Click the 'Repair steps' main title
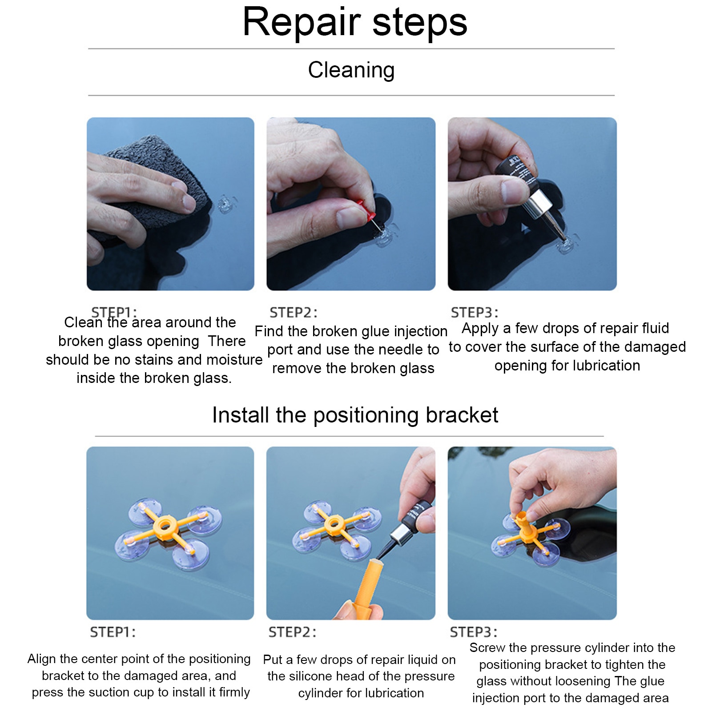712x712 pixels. click(355, 22)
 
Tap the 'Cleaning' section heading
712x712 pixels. click(351, 70)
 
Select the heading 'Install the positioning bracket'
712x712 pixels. click(355, 415)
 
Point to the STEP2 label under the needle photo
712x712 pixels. click(294, 313)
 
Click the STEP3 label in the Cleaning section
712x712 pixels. click(475, 313)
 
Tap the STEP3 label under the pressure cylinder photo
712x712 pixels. click(474, 632)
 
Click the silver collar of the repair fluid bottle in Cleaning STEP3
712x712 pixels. click(540, 202)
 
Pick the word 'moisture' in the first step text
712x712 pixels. click(233, 359)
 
